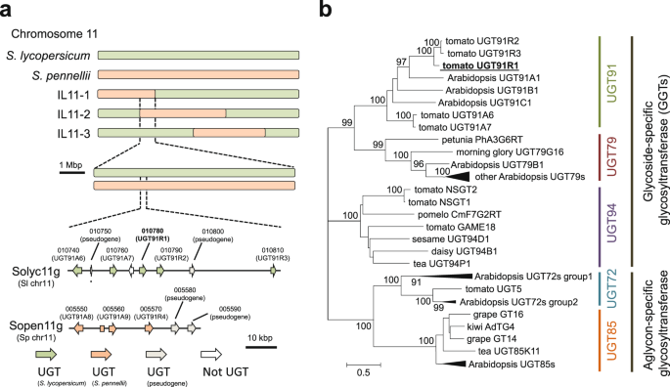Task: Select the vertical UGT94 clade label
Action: click(598, 226)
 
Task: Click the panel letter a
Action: click(9, 12)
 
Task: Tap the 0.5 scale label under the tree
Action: click(360, 371)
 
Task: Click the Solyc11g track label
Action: click(32, 264)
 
